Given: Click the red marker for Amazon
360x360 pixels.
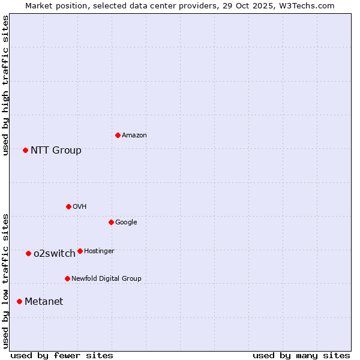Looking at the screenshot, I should (x=118, y=135).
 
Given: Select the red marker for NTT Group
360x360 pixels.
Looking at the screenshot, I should (x=25, y=150).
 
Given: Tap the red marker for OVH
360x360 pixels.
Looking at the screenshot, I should (x=68, y=206).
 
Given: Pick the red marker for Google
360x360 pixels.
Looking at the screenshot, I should (x=111, y=222).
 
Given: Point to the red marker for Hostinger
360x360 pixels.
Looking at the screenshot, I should (x=80, y=251).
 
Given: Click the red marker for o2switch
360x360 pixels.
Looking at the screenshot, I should (x=28, y=253).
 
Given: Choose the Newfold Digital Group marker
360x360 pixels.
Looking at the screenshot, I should (x=67, y=278).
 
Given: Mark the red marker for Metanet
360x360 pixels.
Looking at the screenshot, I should (x=19, y=301).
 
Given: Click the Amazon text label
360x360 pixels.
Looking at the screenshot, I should (x=134, y=136).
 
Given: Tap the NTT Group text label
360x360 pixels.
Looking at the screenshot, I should (x=56, y=151).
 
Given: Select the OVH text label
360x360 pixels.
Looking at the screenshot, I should (x=80, y=207).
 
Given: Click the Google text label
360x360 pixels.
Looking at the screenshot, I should (x=126, y=223).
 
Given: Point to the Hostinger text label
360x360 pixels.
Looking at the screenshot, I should (x=99, y=251).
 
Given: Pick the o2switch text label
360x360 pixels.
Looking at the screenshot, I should (x=55, y=254).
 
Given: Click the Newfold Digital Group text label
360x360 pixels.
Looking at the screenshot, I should (x=106, y=279).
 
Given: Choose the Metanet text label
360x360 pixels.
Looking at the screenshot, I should (x=44, y=302).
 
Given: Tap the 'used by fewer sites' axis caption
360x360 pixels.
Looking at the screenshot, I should (x=62, y=355).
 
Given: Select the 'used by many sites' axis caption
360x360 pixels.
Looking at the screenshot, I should (x=301, y=355).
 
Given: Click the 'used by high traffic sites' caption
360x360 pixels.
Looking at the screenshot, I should (x=6, y=85).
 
